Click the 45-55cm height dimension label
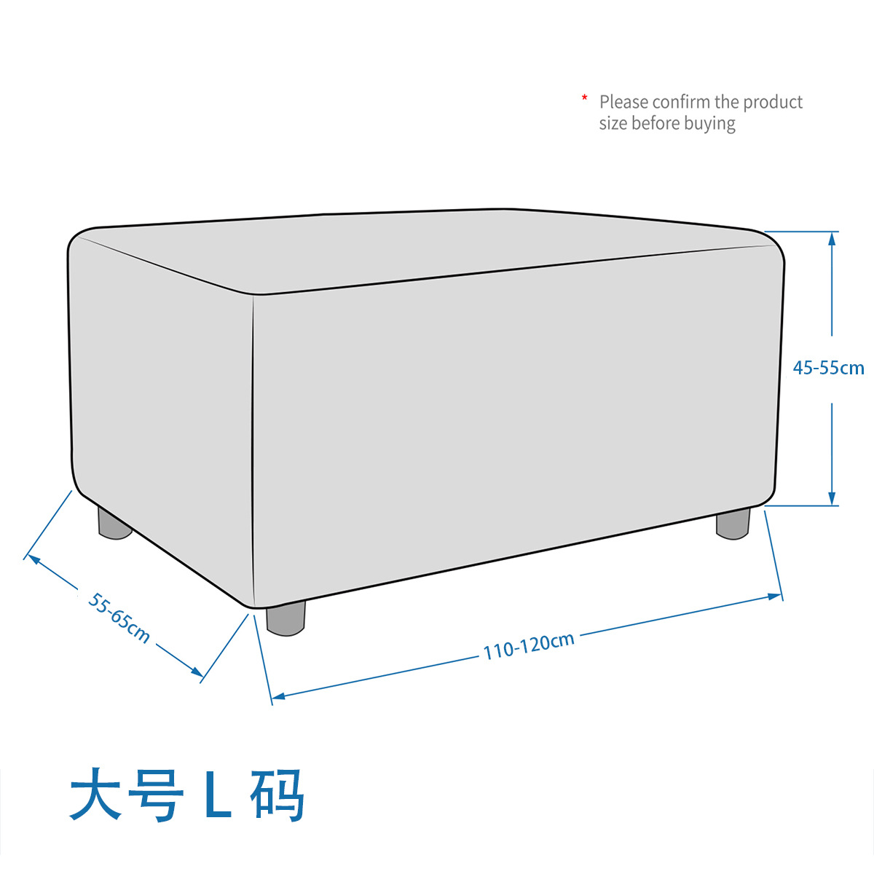(x=828, y=368)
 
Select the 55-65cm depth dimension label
(x=119, y=618)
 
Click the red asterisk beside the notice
(x=584, y=98)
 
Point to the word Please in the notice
(x=624, y=102)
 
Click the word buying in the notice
(x=709, y=124)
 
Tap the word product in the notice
(x=773, y=102)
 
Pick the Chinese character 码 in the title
(x=277, y=795)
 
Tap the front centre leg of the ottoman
(x=285, y=618)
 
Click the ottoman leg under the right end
(x=733, y=524)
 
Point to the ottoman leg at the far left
(x=114, y=524)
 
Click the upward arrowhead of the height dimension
(x=832, y=237)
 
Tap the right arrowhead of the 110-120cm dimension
(x=777, y=597)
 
